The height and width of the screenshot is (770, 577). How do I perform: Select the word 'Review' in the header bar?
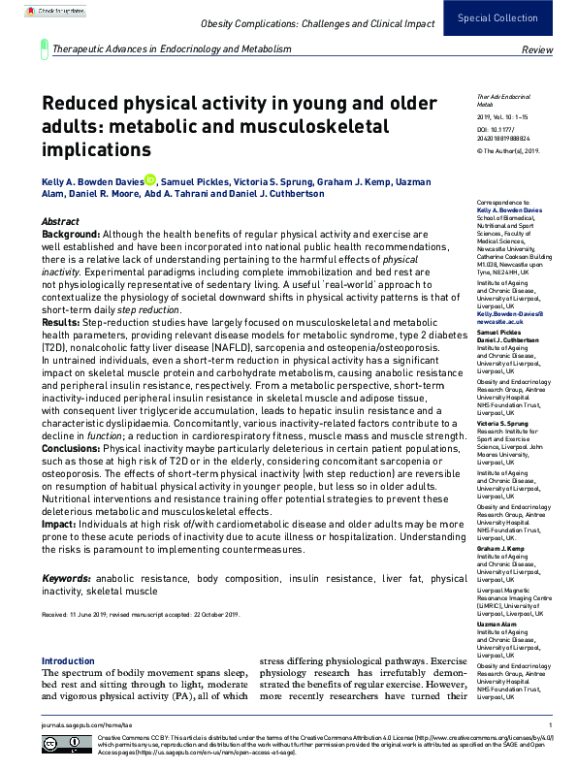point(537,48)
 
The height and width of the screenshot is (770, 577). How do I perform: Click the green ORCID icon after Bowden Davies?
point(150,180)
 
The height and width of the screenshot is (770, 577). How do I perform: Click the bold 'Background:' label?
point(71,236)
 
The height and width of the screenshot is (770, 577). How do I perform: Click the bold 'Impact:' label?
point(59,523)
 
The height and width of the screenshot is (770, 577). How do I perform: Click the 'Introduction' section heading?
point(68,661)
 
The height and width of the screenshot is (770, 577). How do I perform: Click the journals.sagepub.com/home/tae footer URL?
point(80,724)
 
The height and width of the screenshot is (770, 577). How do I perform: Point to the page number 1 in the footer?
point(550,724)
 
